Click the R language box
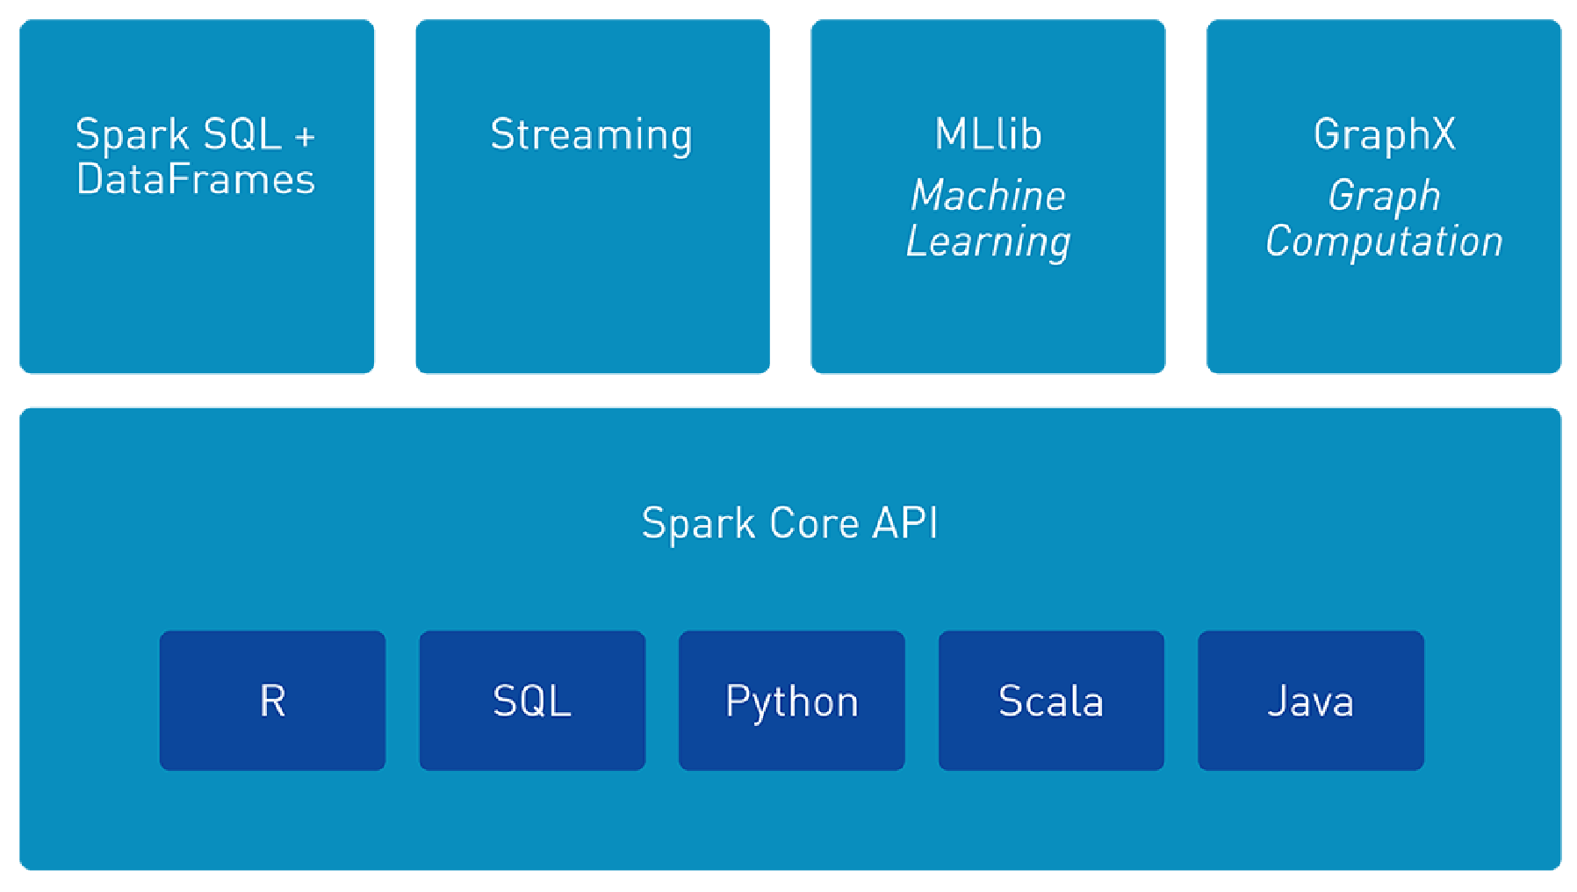(x=272, y=701)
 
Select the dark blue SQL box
(x=532, y=701)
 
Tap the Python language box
(x=791, y=701)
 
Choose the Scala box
(x=1051, y=701)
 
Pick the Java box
(x=1310, y=701)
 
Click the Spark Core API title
(x=789, y=523)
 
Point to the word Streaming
(x=591, y=135)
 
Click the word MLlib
(x=988, y=134)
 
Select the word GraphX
(x=1384, y=135)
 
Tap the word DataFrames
(x=195, y=179)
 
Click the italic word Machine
(x=988, y=195)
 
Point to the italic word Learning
(x=988, y=241)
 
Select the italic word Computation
(x=1384, y=241)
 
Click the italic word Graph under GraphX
(x=1384, y=196)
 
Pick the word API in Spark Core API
(x=904, y=523)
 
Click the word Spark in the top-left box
(x=132, y=135)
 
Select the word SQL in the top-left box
(x=241, y=134)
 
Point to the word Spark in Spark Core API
(x=698, y=524)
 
